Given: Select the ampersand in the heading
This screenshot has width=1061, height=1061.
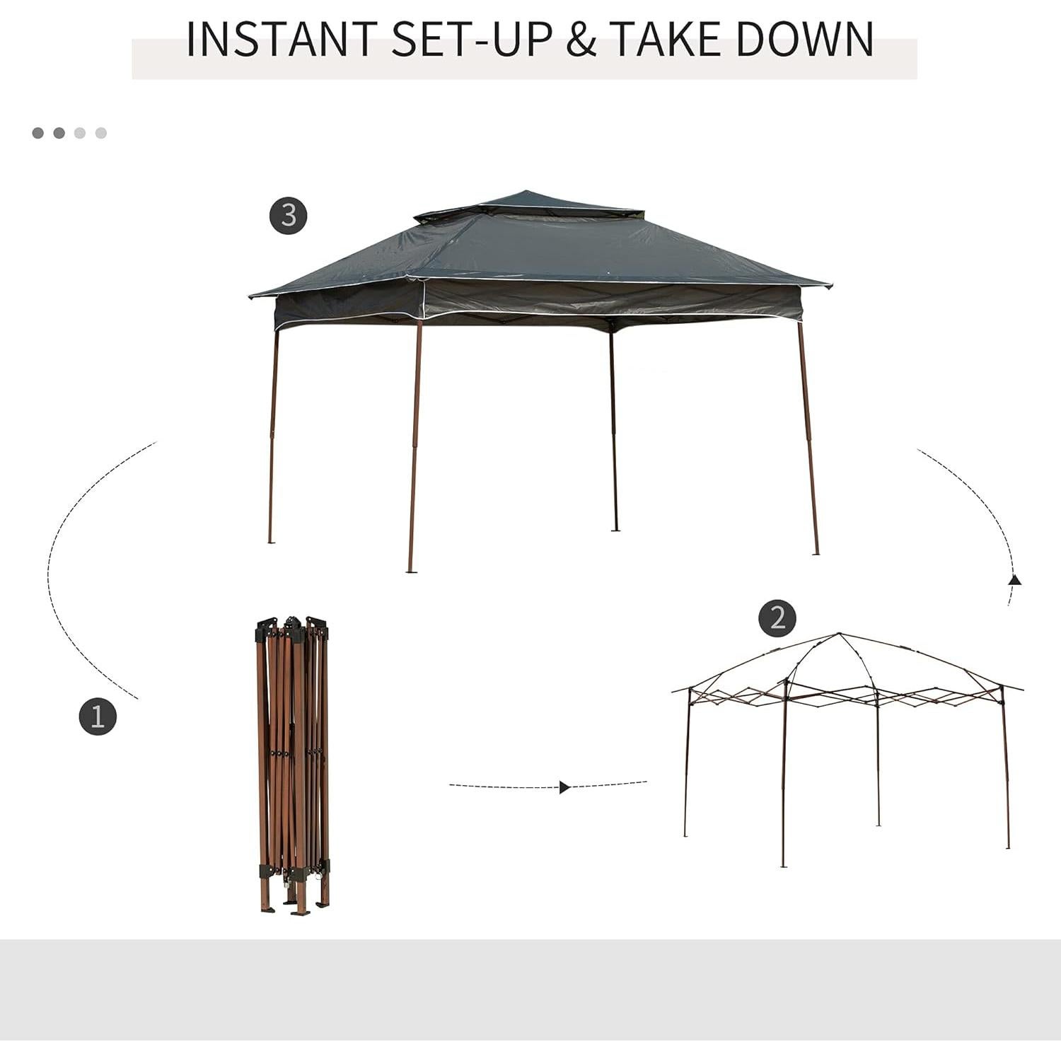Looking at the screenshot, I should pos(581,40).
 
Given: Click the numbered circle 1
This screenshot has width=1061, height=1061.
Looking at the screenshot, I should pos(98,716).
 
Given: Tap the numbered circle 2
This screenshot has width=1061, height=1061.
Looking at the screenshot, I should pos(777,618).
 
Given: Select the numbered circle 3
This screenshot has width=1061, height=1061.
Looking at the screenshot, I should pos(289,214).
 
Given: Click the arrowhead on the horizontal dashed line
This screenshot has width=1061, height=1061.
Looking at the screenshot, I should pos(564,787).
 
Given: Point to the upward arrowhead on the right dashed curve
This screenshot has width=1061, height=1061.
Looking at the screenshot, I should pos(1015,580).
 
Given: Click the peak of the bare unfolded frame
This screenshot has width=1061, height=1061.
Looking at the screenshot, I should pos(840,634).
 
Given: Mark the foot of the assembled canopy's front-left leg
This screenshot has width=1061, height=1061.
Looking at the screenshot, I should pos(411,570).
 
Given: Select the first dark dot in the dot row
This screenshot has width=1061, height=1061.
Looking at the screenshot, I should pos(38,133).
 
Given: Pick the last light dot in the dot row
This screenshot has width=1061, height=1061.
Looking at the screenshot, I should pos(100,133).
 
